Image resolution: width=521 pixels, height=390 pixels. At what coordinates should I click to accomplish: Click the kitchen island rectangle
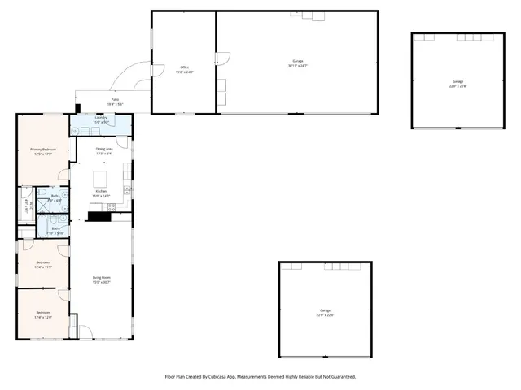pyautogui.click(x=102, y=178)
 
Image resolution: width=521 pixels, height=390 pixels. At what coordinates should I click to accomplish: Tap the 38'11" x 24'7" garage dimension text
pyautogui.click(x=298, y=66)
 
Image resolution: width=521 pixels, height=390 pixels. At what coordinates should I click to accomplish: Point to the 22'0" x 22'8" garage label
pyautogui.click(x=458, y=84)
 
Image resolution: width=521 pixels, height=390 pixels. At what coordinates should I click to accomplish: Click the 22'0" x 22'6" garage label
pyautogui.click(x=325, y=314)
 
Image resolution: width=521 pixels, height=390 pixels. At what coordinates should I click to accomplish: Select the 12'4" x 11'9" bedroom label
pyautogui.click(x=42, y=266)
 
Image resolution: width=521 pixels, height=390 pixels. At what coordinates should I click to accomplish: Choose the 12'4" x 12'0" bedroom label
pyautogui.click(x=42, y=316)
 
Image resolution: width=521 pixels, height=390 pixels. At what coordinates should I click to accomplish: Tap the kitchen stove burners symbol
pyautogui.click(x=112, y=206)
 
